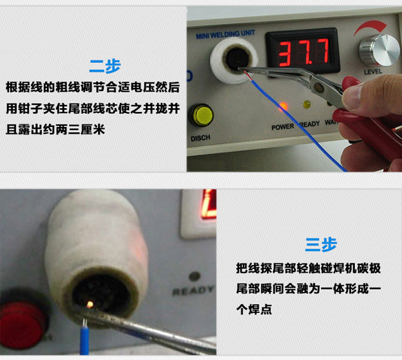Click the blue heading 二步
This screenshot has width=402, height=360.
click(x=105, y=66)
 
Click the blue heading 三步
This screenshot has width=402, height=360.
click(x=321, y=244)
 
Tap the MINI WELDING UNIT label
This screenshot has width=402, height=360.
click(x=225, y=34)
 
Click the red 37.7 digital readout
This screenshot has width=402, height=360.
click(x=303, y=52)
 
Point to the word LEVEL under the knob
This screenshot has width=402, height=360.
click(x=373, y=72)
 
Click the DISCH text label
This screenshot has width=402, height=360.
click(x=200, y=138)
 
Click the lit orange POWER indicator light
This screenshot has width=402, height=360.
click(x=283, y=106)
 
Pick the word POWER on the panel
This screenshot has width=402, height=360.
click(x=283, y=127)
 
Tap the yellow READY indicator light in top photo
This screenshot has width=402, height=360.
click(x=307, y=104)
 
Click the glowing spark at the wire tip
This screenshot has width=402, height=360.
click(x=90, y=304)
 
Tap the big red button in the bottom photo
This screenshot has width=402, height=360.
click(x=23, y=324)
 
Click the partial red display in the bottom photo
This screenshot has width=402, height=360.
click(x=209, y=204)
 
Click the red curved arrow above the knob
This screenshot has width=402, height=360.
click(x=369, y=28)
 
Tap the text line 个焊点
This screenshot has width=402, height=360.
click(x=254, y=309)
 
